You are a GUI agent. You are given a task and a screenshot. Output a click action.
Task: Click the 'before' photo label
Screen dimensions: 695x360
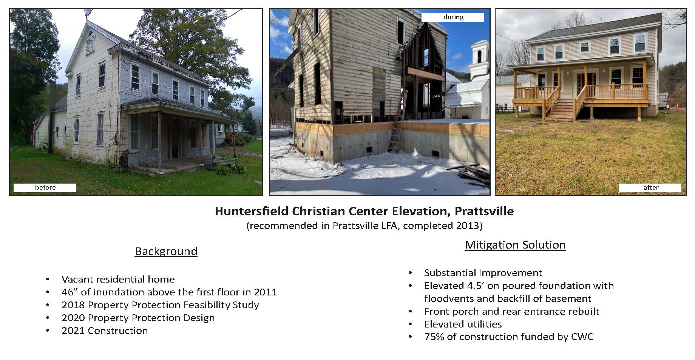[45, 188]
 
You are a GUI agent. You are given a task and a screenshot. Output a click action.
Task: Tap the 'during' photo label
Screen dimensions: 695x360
[453, 17]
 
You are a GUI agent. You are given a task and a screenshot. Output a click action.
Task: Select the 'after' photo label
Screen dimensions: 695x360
[650, 188]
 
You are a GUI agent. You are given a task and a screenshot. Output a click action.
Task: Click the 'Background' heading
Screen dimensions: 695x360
[166, 252]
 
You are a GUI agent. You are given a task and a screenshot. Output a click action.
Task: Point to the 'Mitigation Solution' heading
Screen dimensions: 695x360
[515, 245]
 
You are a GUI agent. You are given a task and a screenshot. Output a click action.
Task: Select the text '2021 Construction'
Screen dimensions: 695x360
[105, 331]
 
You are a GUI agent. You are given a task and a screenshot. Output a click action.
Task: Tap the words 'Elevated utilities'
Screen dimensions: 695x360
[463, 324]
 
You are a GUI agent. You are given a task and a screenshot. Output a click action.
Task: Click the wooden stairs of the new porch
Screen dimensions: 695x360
[561, 110]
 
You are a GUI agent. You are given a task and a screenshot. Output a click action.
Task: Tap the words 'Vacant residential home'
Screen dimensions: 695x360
[118, 280]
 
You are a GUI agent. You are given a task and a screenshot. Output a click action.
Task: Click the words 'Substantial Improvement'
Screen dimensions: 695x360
[483, 273]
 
